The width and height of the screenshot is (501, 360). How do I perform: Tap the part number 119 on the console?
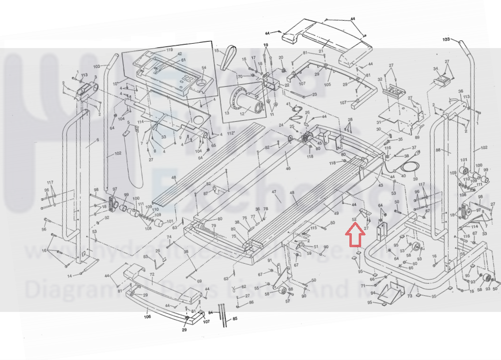[x=169, y=51]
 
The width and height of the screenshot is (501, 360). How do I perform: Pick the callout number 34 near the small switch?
[x=435, y=69]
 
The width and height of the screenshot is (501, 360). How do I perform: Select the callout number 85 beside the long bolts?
[x=235, y=319]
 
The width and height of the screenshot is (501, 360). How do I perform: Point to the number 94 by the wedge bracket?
[x=373, y=293]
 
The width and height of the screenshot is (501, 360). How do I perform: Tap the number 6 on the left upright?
[x=97, y=140]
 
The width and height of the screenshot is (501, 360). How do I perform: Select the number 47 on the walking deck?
[x=274, y=192]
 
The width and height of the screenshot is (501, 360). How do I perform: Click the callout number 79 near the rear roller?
[x=213, y=226]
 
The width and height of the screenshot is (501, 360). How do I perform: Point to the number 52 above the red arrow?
[x=354, y=220]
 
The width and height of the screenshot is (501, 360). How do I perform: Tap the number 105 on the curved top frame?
[x=328, y=84]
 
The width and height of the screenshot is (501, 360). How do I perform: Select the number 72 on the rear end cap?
[x=152, y=275]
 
